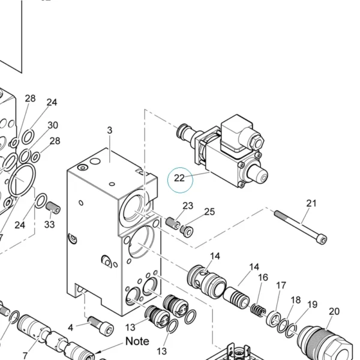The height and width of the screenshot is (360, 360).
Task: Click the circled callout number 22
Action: click(x=179, y=178)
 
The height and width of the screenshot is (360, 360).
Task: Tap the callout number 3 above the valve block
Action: click(x=110, y=130)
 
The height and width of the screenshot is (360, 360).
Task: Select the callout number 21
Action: click(x=311, y=203)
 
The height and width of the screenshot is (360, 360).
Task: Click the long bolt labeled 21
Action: click(x=301, y=227)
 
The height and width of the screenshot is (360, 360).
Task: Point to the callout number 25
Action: click(x=209, y=212)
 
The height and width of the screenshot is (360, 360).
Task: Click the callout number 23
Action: click(x=188, y=206)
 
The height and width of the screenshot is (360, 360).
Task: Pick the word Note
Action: click(x=137, y=341)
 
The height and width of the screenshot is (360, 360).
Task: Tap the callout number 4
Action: click(x=70, y=328)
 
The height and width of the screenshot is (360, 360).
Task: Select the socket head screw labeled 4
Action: click(x=101, y=325)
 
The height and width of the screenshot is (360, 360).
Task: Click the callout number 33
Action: click(x=49, y=224)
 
